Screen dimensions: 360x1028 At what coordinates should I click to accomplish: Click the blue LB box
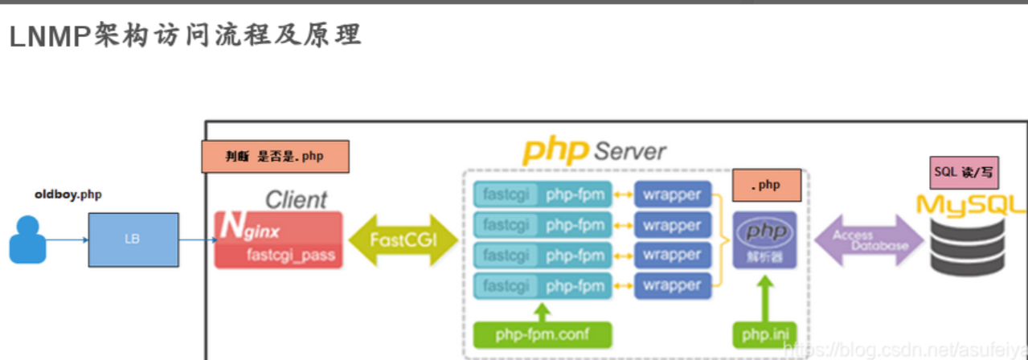click(133, 239)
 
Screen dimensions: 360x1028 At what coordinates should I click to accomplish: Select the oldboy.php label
click(68, 194)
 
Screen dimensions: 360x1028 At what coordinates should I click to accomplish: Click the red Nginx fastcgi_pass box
click(278, 239)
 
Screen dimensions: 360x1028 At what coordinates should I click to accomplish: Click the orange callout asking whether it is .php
click(275, 157)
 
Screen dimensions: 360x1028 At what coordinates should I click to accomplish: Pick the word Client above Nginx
click(296, 199)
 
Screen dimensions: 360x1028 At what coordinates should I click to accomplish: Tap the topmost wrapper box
click(673, 195)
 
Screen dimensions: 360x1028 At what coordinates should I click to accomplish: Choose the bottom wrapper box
click(673, 285)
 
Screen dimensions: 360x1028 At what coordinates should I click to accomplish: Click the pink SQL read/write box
click(964, 173)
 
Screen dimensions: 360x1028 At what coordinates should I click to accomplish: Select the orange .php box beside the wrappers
click(765, 185)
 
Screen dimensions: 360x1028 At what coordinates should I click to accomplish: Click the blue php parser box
click(764, 240)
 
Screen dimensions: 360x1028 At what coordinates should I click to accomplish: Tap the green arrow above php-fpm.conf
click(543, 309)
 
